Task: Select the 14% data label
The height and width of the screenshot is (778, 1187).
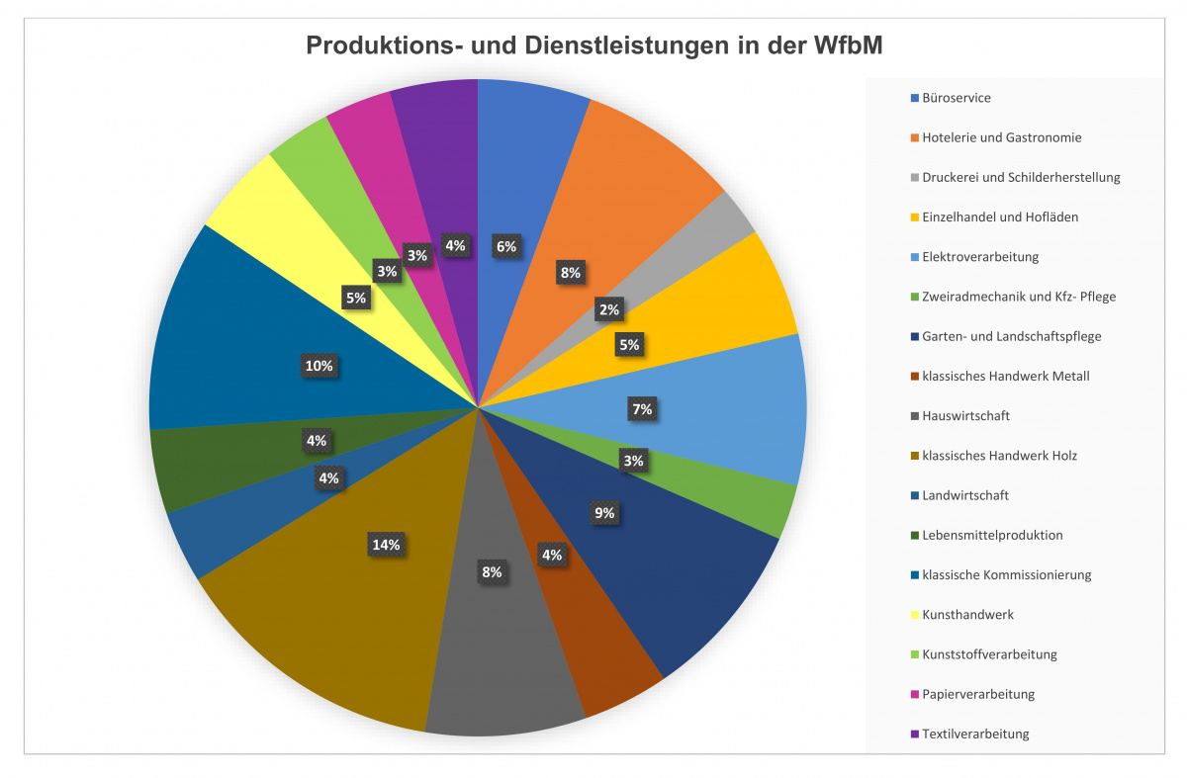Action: [x=385, y=545]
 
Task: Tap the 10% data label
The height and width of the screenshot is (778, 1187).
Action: [x=319, y=366]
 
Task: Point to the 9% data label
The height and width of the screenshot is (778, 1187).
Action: [x=603, y=512]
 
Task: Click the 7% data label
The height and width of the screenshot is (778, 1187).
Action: [x=642, y=408]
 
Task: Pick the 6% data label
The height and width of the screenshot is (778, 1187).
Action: [x=505, y=246]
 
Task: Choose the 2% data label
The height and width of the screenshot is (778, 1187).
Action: [x=608, y=309]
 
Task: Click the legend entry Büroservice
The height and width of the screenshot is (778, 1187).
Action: [x=956, y=98]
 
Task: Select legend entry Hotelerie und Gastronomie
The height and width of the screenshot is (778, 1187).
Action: [x=1001, y=137]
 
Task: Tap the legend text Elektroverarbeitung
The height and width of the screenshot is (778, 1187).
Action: [x=979, y=257]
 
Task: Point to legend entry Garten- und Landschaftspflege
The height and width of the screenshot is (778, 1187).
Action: [x=1011, y=336]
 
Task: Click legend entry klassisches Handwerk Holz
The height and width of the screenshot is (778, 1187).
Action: [x=999, y=456]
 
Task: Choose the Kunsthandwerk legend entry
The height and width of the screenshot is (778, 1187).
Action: [x=967, y=615]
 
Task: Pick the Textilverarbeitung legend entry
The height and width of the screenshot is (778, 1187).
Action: [x=975, y=734]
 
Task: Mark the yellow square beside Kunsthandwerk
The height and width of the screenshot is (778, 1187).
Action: [x=915, y=615]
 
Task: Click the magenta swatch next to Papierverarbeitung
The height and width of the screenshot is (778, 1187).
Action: [x=915, y=694]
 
